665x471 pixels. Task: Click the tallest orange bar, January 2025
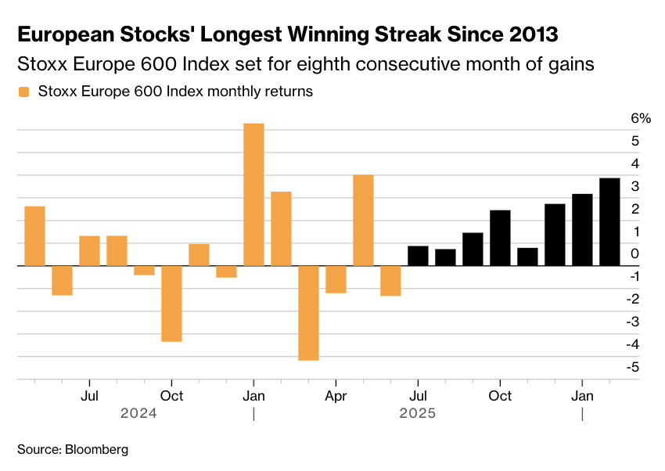[253, 195]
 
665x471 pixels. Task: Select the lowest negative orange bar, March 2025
[308, 313]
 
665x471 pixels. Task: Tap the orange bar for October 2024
[171, 304]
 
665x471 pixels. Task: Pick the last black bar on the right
[609, 222]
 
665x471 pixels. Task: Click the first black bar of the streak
[418, 256]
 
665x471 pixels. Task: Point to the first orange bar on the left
[34, 235]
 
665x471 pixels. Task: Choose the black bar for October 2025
[500, 238]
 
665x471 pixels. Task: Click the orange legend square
[23, 92]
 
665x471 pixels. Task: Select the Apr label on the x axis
[336, 396]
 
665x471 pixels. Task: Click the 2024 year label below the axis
[138, 413]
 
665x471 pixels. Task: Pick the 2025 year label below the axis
[416, 413]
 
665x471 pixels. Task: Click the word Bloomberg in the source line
[96, 450]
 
